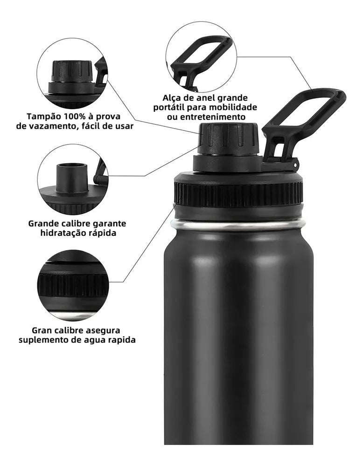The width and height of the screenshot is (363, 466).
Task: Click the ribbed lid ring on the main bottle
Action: pyautogui.click(x=238, y=195)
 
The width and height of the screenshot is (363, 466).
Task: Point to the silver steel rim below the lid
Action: pyautogui.click(x=238, y=225)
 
